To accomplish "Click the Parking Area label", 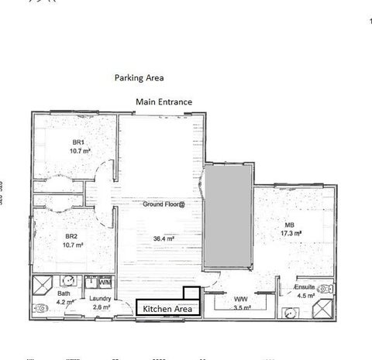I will point(139,78).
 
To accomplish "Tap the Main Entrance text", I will point(164,101).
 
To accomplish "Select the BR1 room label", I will point(78,142).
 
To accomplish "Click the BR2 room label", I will point(71,236).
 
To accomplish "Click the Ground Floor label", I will point(164,204).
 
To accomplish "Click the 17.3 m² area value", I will point(290,233).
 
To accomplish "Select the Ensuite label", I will point(305,286).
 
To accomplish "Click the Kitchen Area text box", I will point(167,309).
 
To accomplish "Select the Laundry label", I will point(100,300).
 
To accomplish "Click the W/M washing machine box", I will point(105,282).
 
